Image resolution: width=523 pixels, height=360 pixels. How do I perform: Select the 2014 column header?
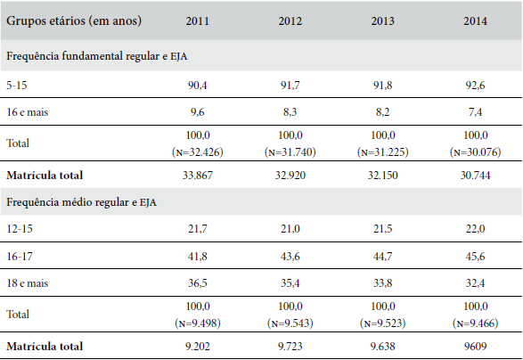(x=476, y=20)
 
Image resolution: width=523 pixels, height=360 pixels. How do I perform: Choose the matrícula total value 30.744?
(x=476, y=175)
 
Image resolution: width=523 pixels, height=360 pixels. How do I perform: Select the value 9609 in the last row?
(x=476, y=347)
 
